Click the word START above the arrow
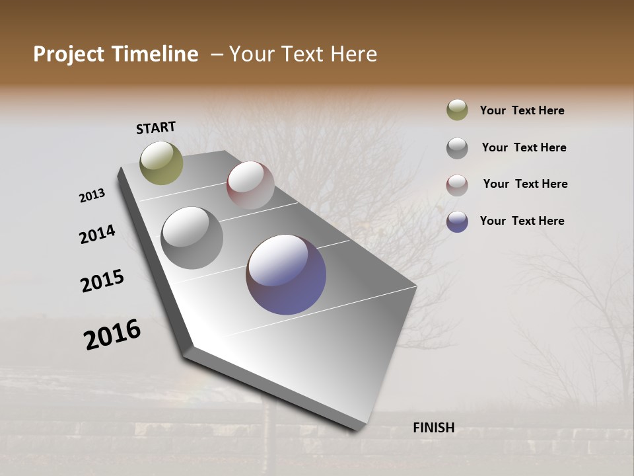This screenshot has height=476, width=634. click(x=156, y=128)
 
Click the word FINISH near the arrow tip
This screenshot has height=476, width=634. click(x=433, y=428)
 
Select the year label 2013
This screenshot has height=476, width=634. click(x=92, y=196)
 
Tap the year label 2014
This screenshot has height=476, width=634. click(x=97, y=234)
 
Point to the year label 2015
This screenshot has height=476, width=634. click(x=102, y=281)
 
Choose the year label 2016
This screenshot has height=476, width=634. click(x=112, y=335)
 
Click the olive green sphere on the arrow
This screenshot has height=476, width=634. click(x=162, y=163)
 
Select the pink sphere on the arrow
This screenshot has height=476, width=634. click(x=250, y=185)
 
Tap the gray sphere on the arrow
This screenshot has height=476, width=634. click(x=192, y=238)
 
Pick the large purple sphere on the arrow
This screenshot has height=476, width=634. click(x=286, y=274)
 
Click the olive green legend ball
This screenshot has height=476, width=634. click(x=457, y=110)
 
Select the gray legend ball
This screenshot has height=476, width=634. click(x=457, y=148)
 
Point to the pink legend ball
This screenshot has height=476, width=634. click(x=457, y=185)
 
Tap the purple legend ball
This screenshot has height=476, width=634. click(x=457, y=221)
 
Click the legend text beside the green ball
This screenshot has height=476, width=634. click(x=522, y=110)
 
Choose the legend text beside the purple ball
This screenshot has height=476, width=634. click(x=522, y=221)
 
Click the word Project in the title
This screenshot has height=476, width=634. click(x=68, y=54)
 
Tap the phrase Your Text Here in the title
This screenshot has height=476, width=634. click(x=303, y=54)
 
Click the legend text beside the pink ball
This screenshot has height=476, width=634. click(x=525, y=184)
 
